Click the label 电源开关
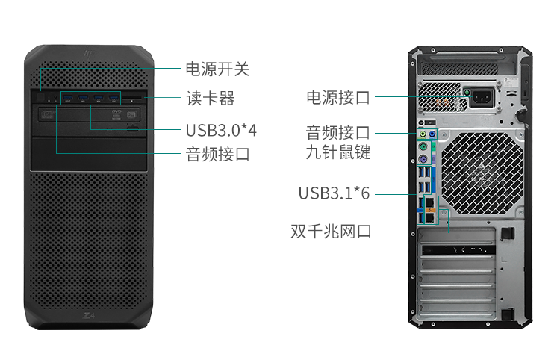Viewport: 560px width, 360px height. (x=217, y=69)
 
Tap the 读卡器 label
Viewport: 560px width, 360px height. (x=211, y=98)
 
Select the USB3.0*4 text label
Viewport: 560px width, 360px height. (x=221, y=131)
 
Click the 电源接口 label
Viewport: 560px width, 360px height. (x=337, y=97)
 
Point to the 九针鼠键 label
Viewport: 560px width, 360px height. (x=337, y=152)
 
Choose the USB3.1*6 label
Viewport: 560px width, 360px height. (x=334, y=193)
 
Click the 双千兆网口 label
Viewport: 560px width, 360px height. (x=331, y=231)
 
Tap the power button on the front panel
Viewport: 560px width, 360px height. (x=40, y=97)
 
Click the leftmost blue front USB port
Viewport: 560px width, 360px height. (x=68, y=98)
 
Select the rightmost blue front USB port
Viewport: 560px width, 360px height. (x=114, y=98)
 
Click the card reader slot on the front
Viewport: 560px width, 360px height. (x=133, y=97)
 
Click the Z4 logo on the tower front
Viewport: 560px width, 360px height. (x=89, y=316)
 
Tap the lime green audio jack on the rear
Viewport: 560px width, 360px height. (x=423, y=134)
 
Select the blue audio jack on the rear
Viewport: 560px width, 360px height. (x=432, y=134)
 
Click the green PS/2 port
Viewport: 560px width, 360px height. (x=423, y=146)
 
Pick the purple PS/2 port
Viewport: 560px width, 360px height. (x=423, y=159)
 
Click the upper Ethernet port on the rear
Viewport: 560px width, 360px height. (x=430, y=202)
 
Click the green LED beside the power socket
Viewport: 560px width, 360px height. (x=467, y=93)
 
